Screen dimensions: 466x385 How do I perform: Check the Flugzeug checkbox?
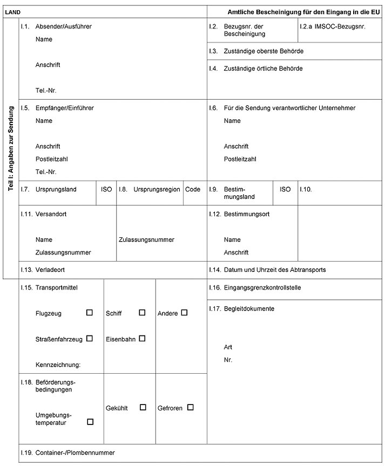[x=90, y=312]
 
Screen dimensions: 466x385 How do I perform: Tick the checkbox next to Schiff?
[x=142, y=312]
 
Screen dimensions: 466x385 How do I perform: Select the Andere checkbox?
[x=184, y=312]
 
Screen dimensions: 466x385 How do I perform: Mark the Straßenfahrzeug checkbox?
[x=90, y=338]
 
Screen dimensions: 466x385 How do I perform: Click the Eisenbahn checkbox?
[x=142, y=338]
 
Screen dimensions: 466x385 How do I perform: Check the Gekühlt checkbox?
[x=143, y=407]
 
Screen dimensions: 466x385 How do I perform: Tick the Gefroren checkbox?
[x=190, y=407]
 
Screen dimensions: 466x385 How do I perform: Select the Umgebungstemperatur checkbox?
[x=90, y=421]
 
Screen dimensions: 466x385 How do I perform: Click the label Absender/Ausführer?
[x=63, y=26]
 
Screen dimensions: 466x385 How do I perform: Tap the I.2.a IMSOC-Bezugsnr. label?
[x=333, y=26]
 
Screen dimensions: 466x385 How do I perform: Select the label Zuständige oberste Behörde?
[x=264, y=51]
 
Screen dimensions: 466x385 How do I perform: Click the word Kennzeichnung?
[x=58, y=365]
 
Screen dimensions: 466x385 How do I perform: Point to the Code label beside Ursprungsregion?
[x=193, y=189]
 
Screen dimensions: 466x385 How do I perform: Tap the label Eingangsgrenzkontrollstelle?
[x=262, y=288]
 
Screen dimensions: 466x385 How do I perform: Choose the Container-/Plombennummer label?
[x=75, y=453]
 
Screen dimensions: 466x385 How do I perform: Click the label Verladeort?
[x=50, y=269]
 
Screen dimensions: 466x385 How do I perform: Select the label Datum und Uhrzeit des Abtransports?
[x=275, y=269]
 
